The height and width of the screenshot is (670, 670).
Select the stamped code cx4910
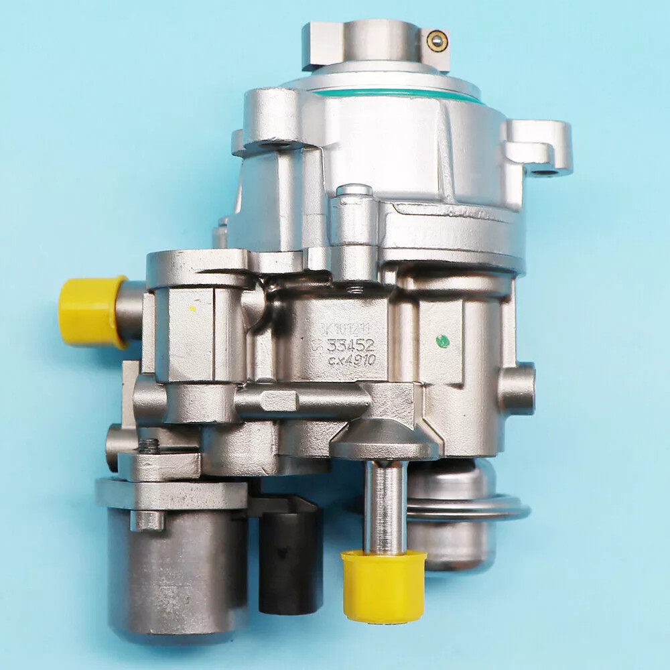click(352, 361)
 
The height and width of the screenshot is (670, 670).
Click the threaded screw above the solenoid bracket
click(149, 446)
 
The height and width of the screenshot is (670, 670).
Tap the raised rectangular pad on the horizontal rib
click(279, 400)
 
